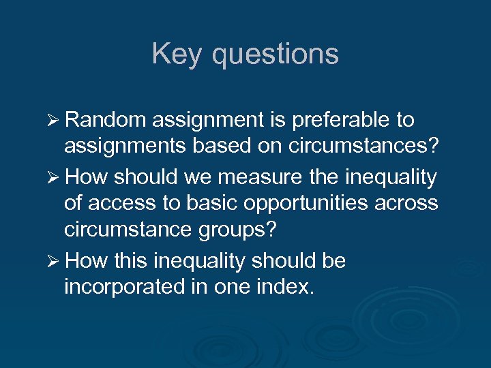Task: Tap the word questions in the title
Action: [275, 55]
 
